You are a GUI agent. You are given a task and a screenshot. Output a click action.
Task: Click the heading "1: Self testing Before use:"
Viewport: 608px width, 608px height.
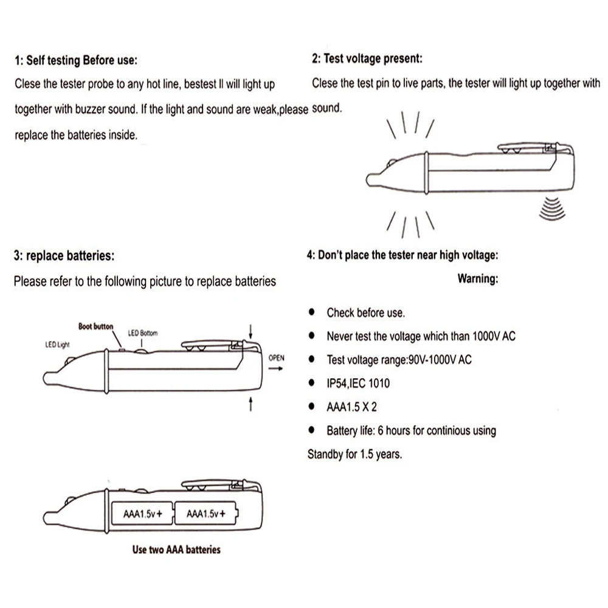point(76,61)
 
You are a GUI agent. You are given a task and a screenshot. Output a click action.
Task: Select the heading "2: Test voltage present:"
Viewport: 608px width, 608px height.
point(367,59)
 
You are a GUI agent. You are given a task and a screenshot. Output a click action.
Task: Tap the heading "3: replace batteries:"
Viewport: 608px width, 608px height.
point(63,256)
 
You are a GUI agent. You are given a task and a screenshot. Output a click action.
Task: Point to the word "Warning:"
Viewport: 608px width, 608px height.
point(478,279)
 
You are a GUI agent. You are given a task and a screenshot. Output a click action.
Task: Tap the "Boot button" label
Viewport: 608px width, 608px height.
point(95,326)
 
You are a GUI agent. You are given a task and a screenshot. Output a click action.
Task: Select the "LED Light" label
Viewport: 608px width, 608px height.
point(58,345)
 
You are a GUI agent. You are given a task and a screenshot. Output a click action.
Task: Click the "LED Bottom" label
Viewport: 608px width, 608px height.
point(143,333)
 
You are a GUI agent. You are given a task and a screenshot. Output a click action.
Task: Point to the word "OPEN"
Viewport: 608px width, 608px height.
point(276,358)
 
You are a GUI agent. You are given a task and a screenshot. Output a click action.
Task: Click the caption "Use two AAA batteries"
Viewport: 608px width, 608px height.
point(176,550)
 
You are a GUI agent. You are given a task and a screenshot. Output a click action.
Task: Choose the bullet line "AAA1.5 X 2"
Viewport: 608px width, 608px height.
point(351,407)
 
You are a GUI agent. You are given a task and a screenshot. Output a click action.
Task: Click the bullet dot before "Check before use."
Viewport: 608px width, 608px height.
point(312,312)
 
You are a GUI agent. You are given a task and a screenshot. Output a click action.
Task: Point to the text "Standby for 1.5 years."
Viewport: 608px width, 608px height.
point(354,454)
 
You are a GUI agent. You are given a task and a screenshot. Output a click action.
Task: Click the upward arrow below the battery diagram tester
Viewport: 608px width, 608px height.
point(251,404)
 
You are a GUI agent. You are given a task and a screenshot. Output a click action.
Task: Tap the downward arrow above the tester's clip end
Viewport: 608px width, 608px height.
point(251,330)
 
